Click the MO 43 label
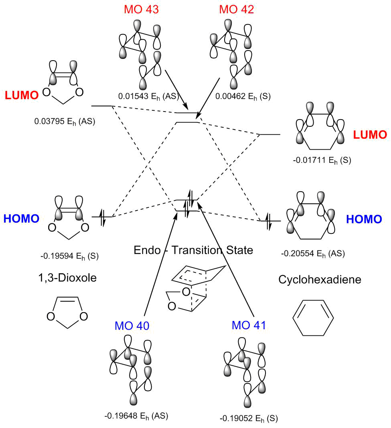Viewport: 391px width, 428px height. pyautogui.click(x=142, y=9)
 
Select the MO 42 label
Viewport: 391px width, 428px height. pyautogui.click(x=237, y=9)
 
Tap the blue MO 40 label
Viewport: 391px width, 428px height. pyautogui.click(x=132, y=326)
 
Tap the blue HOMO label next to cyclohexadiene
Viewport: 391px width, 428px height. pyautogui.click(x=364, y=219)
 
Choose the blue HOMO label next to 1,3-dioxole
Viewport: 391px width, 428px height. pyautogui.click(x=21, y=219)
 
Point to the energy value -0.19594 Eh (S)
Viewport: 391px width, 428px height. pyautogui.click(x=70, y=256)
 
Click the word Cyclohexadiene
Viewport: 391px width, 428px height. pyautogui.click(x=320, y=280)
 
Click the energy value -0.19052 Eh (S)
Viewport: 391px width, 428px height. pyautogui.click(x=249, y=418)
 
